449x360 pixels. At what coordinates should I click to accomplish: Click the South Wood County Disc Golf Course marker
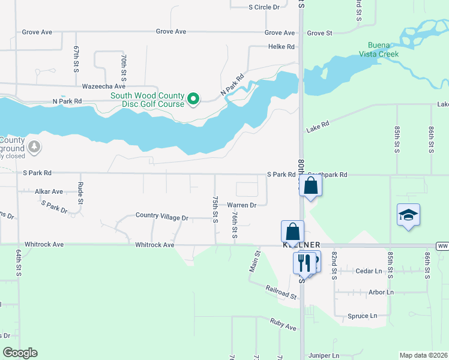point(193,99)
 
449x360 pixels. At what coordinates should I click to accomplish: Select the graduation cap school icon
point(408,215)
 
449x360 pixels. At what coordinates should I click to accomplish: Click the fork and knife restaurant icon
point(304,262)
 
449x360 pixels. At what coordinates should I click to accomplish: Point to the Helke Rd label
point(282,47)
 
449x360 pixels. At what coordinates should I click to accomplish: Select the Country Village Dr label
point(162,215)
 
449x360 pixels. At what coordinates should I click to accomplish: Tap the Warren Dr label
point(241,205)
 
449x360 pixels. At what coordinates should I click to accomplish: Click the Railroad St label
point(282,292)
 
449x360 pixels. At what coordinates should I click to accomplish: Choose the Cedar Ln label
point(369,271)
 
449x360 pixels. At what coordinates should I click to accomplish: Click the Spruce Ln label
point(363,316)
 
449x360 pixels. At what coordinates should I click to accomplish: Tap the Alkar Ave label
point(49,191)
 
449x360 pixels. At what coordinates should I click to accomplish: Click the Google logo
point(20,353)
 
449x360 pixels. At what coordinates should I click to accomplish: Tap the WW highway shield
point(444,246)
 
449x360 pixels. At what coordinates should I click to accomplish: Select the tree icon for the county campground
point(35,146)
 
